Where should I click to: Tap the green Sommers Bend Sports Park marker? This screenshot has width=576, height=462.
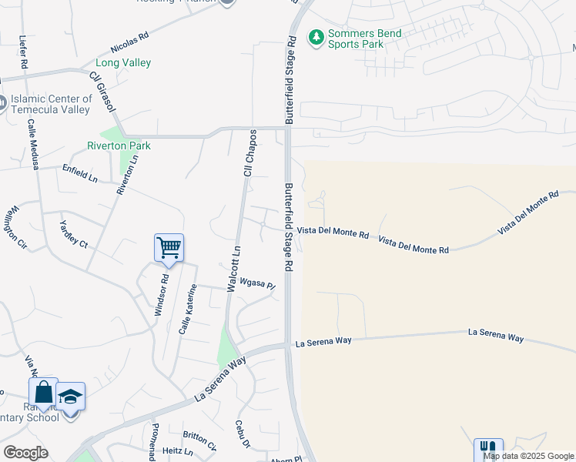[x=315, y=37]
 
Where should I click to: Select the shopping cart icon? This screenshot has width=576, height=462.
[x=169, y=248]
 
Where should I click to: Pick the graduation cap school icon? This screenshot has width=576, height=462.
[x=70, y=397]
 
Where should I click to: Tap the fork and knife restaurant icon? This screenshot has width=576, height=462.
[x=487, y=450]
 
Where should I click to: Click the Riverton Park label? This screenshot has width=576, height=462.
[x=119, y=146]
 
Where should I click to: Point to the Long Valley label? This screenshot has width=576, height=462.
[x=123, y=62]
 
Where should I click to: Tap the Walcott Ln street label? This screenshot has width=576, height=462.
[x=233, y=269]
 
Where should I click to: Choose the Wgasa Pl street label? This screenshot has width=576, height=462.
[x=257, y=283]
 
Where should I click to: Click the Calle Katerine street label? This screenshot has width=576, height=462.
[x=188, y=309]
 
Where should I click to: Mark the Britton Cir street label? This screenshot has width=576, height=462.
[x=199, y=440]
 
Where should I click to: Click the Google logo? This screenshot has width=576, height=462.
[x=25, y=453]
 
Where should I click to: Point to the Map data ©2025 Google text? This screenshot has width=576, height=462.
[x=528, y=456]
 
